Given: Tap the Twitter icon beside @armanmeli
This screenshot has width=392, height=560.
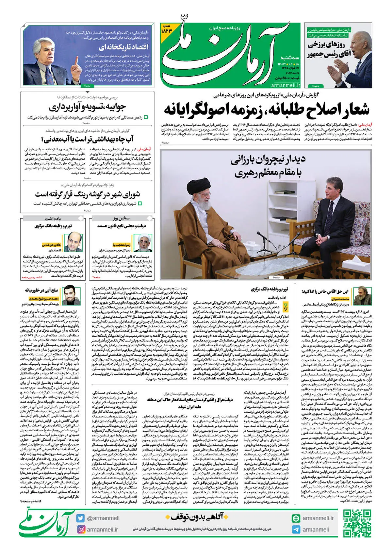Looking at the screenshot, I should [80, 518].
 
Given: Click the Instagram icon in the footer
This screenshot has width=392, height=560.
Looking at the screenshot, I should [80, 529].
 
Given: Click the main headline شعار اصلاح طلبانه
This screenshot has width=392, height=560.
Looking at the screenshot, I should [266, 109].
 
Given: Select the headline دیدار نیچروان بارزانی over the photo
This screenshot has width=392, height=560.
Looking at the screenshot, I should [268, 166].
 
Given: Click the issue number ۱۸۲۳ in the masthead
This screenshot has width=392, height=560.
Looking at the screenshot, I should [166, 30].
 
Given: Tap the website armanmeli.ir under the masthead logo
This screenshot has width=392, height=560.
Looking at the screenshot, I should [285, 85].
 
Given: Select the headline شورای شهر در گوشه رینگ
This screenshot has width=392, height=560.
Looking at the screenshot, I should [88, 194].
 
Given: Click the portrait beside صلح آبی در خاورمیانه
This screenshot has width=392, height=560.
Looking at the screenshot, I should [72, 295].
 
